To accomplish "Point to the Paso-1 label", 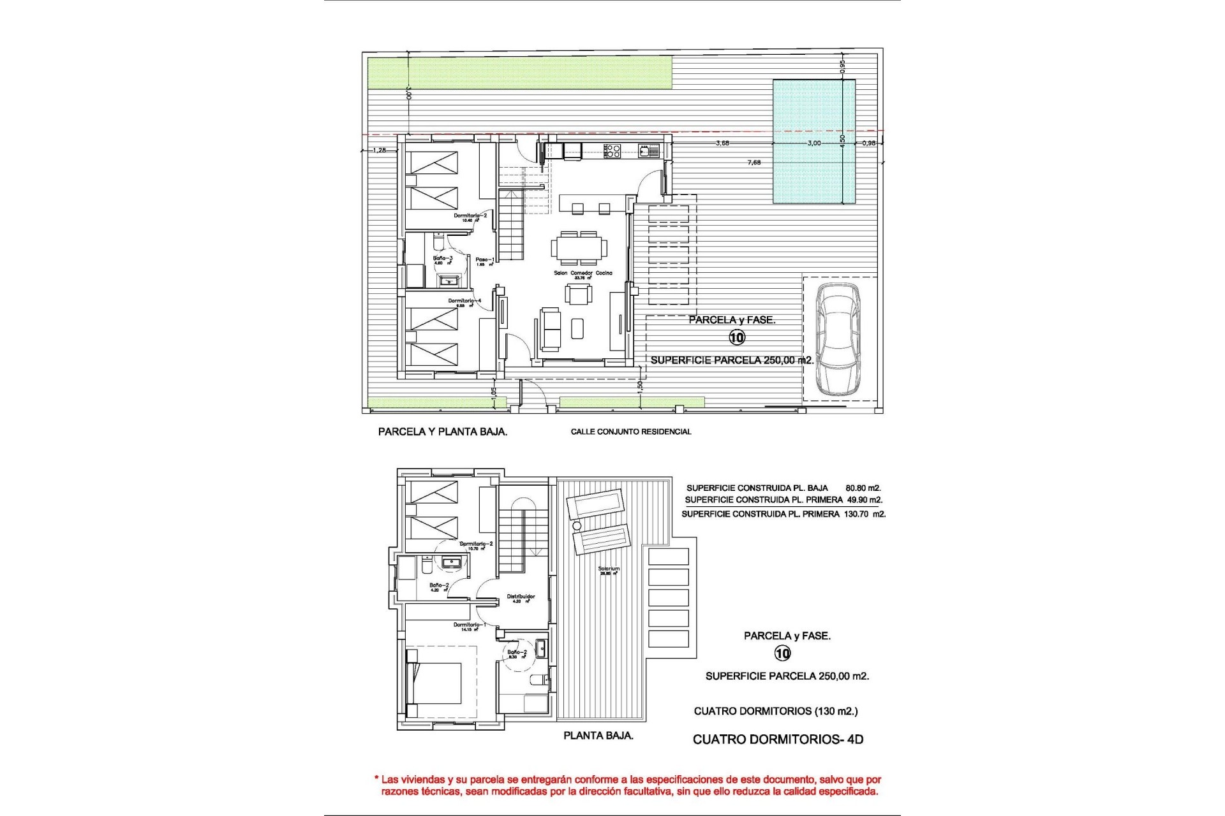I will [x=485, y=260].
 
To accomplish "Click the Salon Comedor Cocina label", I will [x=583, y=273].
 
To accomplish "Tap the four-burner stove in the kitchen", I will [x=612, y=151].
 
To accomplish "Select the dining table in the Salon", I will [x=579, y=247].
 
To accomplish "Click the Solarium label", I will [x=609, y=569].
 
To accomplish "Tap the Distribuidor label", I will [x=521, y=597].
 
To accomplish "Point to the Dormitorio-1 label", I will [x=470, y=625].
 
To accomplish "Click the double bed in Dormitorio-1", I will [x=434, y=691].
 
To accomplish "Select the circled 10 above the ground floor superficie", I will [x=737, y=337].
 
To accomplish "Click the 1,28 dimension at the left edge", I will [x=379, y=150].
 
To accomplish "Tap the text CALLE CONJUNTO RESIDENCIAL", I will [x=630, y=432].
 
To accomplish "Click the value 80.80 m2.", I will [x=863, y=488].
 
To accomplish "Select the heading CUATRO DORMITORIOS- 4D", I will [x=778, y=739].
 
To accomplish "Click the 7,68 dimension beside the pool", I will [x=754, y=163].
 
